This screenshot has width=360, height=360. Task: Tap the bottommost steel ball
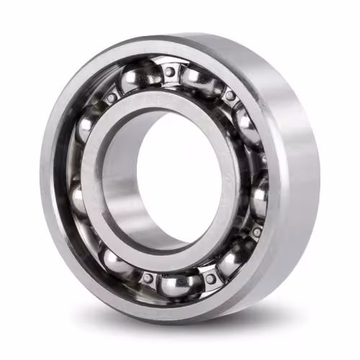pos(179,283)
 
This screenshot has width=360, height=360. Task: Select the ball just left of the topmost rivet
pos(141,76)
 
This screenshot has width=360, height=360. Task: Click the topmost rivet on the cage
pos(169,72)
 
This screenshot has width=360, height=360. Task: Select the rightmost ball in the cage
pos(260,196)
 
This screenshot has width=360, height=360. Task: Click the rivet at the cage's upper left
pos(112,97)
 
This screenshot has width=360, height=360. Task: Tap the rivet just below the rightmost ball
pos(256,232)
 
